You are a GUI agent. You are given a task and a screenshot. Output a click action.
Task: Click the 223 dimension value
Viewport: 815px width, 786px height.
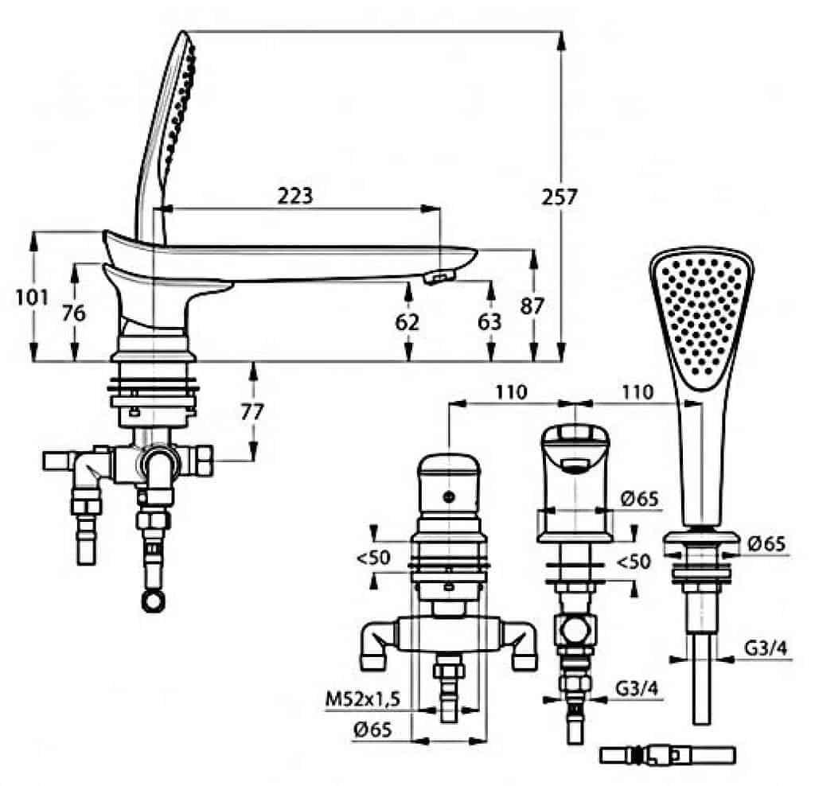[x=294, y=196]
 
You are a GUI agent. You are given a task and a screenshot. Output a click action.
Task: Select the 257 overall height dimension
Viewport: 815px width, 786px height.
[x=560, y=197]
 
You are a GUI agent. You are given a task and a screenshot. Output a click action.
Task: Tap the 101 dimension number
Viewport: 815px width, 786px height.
[x=32, y=298]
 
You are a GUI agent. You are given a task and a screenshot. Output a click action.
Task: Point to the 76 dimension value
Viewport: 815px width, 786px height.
[x=73, y=313]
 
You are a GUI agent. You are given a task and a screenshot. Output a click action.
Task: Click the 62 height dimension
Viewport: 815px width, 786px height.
[x=407, y=323]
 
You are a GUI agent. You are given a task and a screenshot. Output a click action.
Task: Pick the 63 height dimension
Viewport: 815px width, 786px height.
[x=489, y=322]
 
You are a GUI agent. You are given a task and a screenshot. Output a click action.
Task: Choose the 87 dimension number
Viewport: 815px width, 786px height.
[x=532, y=306]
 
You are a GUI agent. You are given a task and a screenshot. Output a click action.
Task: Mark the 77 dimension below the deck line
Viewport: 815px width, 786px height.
[x=252, y=411]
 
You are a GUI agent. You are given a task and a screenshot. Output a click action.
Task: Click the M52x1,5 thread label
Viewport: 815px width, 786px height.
[x=363, y=699]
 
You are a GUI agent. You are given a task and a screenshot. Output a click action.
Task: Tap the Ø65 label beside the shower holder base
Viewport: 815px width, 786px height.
[x=766, y=543]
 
